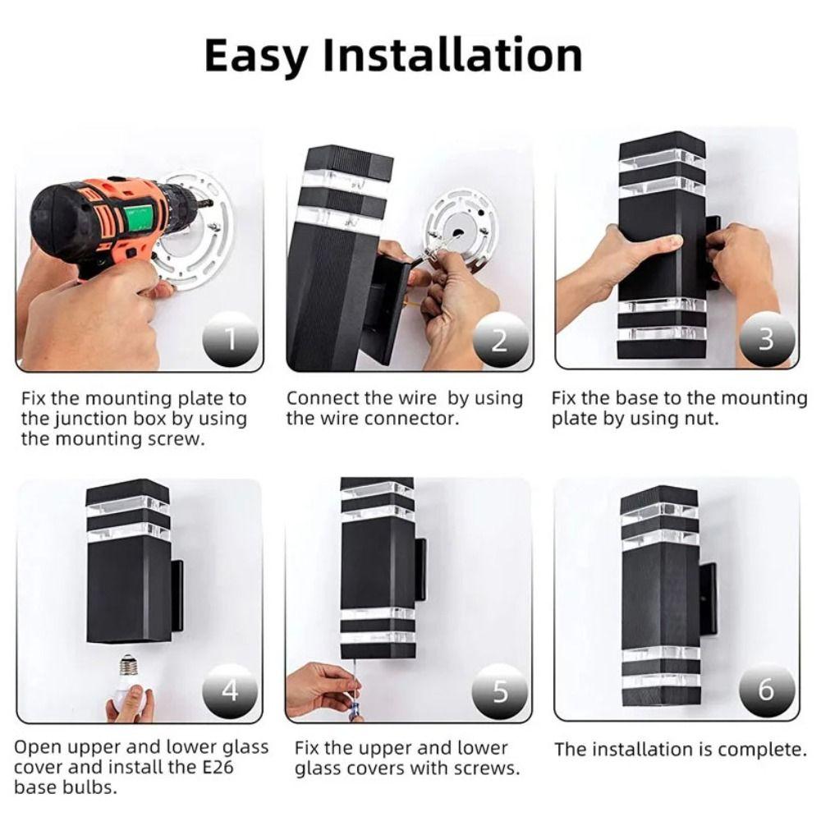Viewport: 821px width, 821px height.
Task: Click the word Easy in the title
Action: coord(255,56)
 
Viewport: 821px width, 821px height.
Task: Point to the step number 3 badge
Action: coord(767,339)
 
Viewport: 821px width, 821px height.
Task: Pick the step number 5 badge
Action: coord(500,690)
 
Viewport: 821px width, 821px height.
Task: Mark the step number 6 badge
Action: coord(767,690)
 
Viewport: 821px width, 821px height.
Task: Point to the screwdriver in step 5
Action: coord(355,690)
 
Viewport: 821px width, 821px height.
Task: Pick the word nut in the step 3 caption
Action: coord(701,420)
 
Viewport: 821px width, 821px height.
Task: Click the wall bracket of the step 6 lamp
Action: coord(709,596)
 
